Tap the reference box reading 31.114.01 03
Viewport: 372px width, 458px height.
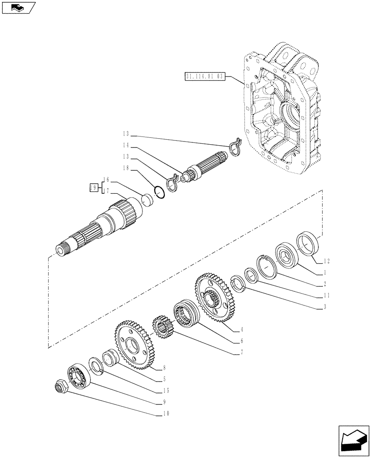(205, 76)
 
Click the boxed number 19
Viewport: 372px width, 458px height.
(93, 188)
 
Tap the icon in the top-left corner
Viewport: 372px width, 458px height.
(19, 7)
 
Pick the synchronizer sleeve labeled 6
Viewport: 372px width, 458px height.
(185, 313)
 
